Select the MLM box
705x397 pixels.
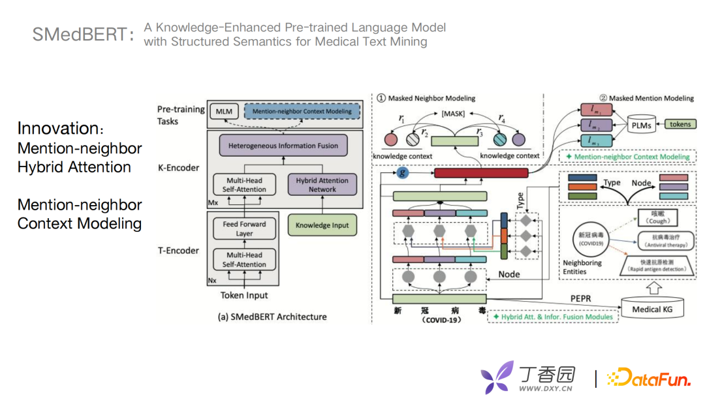(x=224, y=112)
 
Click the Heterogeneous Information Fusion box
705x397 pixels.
(x=283, y=146)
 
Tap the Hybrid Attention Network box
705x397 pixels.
(x=322, y=185)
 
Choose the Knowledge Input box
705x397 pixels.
(x=322, y=225)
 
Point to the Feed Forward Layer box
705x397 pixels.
(x=244, y=229)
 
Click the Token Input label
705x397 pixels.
(x=243, y=295)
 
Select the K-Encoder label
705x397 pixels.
(x=178, y=167)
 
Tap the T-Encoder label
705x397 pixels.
(x=178, y=250)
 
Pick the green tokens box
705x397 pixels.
(x=680, y=124)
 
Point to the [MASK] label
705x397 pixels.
(x=452, y=114)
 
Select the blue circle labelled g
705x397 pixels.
(x=403, y=173)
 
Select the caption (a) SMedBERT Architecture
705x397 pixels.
(x=272, y=317)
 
